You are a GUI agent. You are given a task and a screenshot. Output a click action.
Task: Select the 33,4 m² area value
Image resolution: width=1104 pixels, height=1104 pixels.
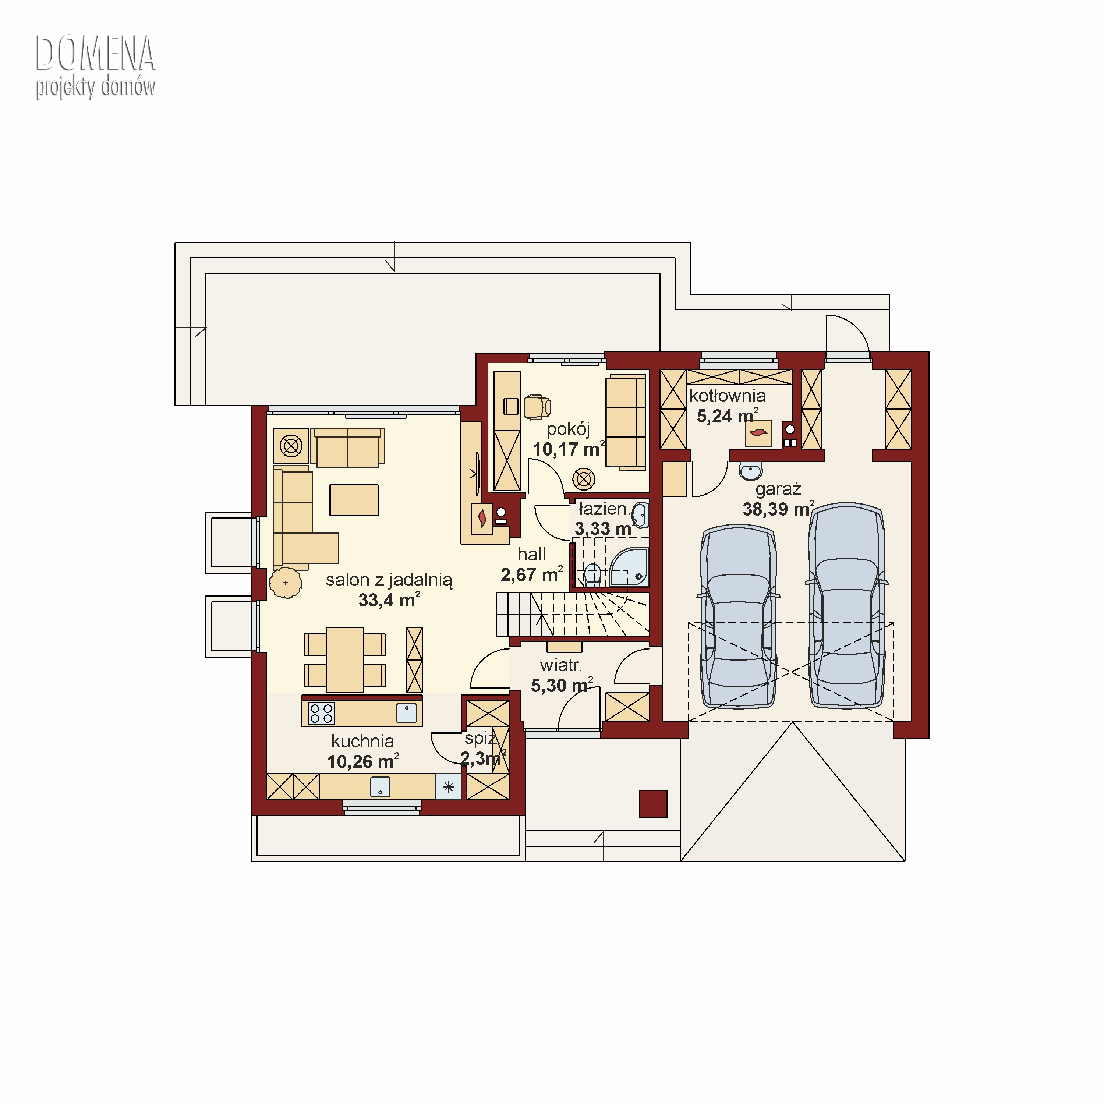click(x=389, y=600)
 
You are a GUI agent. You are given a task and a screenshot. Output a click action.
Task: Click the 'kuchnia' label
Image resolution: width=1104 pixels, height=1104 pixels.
click(x=363, y=741)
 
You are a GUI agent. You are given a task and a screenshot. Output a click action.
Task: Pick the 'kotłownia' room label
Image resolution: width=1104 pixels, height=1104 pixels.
click(x=728, y=396)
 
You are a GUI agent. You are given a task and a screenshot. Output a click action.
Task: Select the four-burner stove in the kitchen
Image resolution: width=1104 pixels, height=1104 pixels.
click(x=321, y=714)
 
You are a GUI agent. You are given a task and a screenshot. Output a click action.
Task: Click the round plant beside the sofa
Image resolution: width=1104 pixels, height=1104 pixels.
click(x=286, y=583)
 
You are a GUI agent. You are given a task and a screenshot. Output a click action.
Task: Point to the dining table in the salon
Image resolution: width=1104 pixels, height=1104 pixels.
click(x=344, y=659)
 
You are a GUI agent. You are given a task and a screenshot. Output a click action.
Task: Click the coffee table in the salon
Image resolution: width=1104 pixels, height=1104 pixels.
click(x=354, y=500)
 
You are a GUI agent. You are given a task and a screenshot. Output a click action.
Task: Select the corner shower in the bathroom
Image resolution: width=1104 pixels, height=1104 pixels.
click(x=630, y=567)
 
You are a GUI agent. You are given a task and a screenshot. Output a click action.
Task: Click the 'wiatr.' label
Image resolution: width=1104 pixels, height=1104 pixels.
click(x=560, y=665)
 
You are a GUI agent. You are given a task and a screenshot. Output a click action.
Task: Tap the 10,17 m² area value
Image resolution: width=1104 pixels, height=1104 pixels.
click(x=569, y=449)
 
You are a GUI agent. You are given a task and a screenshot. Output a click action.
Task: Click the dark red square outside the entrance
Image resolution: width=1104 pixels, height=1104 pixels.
click(x=653, y=803)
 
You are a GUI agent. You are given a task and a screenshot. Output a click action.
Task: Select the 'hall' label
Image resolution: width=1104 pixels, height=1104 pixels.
click(x=531, y=554)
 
